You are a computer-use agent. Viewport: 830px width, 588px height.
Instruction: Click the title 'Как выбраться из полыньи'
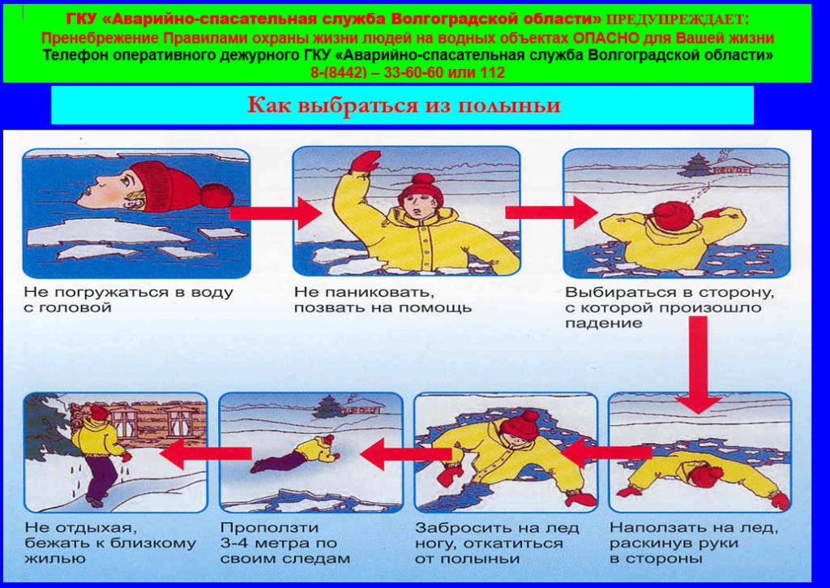[404, 105]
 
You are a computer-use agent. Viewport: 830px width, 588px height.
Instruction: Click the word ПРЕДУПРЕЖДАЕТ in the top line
[677, 19]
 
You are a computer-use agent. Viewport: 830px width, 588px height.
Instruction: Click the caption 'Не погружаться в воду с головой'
[129, 300]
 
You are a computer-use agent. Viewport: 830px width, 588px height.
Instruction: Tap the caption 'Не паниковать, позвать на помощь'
[383, 300]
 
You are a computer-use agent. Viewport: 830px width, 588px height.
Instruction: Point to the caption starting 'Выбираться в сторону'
[670, 307]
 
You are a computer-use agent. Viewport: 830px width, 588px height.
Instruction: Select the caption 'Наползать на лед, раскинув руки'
[694, 543]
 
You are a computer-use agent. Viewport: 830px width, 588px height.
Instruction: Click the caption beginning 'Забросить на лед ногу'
[497, 543]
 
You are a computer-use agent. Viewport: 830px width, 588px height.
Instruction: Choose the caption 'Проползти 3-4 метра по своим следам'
[285, 543]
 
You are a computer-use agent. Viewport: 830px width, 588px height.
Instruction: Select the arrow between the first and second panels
[276, 213]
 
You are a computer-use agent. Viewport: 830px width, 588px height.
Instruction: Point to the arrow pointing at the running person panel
[205, 453]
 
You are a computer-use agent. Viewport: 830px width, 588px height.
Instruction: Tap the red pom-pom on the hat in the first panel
[216, 195]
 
